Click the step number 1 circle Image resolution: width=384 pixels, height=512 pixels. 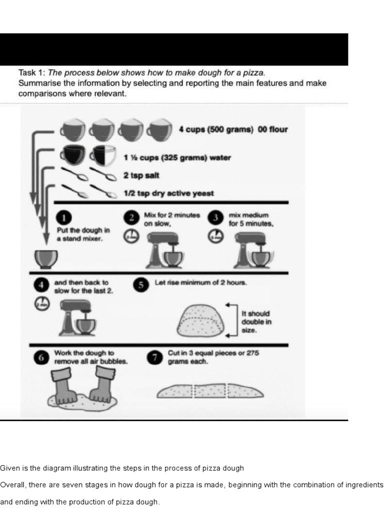point(65,217)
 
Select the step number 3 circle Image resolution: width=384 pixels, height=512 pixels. point(215,217)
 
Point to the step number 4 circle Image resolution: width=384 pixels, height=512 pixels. point(40,285)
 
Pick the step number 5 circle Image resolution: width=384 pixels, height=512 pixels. point(141,284)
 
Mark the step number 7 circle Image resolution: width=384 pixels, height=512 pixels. point(155,357)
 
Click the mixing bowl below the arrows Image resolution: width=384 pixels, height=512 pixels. point(45,258)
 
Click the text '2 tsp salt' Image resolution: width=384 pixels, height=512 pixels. point(141,175)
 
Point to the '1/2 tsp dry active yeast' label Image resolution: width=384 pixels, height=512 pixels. point(168,193)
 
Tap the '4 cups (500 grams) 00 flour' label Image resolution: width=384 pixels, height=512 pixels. point(233,129)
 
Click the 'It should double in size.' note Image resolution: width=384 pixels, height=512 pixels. point(256,321)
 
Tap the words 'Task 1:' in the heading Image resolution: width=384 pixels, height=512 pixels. point(31,72)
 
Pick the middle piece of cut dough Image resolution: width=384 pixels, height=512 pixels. point(210,391)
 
